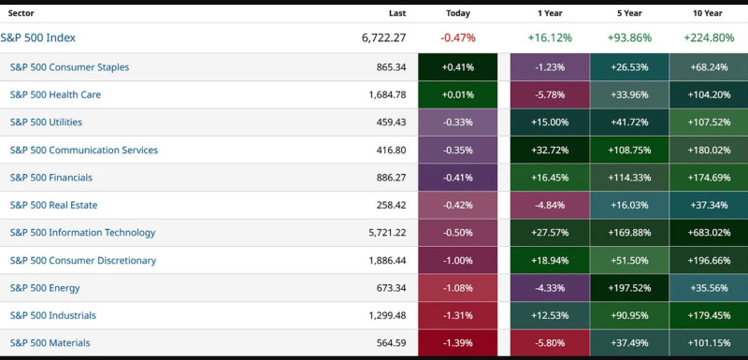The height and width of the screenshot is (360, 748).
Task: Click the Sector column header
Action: (x=21, y=13)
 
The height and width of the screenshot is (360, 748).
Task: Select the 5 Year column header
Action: (x=628, y=13)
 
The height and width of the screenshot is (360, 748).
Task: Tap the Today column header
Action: (x=458, y=13)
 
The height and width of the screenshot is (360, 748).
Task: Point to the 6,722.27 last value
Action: (x=383, y=37)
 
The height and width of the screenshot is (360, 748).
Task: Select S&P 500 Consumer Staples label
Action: (x=69, y=67)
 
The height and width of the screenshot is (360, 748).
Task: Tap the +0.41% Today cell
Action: (x=457, y=67)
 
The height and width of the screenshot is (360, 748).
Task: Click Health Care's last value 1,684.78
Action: (x=383, y=94)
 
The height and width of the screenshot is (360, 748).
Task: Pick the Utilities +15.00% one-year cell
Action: (x=550, y=122)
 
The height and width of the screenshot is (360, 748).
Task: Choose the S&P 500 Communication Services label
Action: (x=83, y=150)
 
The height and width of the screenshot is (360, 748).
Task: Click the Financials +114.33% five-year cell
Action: (x=628, y=178)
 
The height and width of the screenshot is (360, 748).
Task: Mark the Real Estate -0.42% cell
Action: (x=457, y=205)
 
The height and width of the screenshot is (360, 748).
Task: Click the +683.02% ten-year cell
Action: (x=708, y=233)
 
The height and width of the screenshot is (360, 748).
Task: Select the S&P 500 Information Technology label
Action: (x=82, y=233)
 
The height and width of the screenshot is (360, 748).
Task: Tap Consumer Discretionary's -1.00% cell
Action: (x=457, y=260)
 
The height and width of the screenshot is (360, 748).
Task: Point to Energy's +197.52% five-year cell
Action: (x=628, y=288)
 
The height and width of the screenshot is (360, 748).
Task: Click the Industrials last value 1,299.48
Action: (x=383, y=315)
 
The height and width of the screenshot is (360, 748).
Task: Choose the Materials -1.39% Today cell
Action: (x=457, y=342)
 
